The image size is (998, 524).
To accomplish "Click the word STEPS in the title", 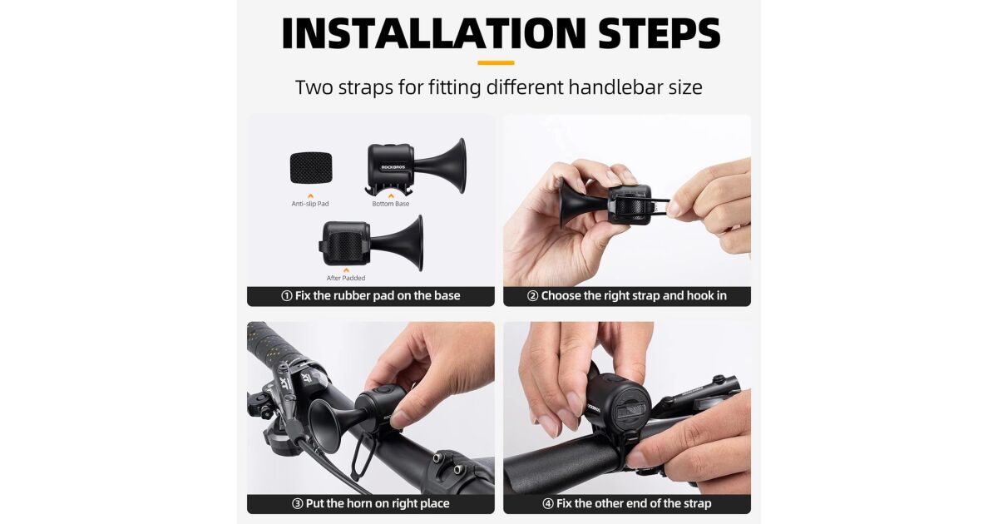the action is [659, 32].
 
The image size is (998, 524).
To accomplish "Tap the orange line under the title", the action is [496, 63].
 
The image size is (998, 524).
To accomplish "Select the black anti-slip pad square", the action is [311, 168].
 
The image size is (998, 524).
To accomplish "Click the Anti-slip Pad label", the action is [310, 204].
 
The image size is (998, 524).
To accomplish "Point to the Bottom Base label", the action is [391, 204].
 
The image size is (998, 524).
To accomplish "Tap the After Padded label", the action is [346, 278].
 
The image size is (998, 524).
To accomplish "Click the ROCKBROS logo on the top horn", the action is [393, 167].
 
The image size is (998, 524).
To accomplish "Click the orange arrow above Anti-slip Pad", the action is [310, 195].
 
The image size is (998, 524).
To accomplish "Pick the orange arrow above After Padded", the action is [346, 270].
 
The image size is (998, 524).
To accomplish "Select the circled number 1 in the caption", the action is [286, 296].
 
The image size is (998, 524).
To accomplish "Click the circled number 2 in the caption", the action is [532, 296].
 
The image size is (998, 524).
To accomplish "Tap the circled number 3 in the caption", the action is [297, 503].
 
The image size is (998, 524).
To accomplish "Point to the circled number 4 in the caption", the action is [548, 503].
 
